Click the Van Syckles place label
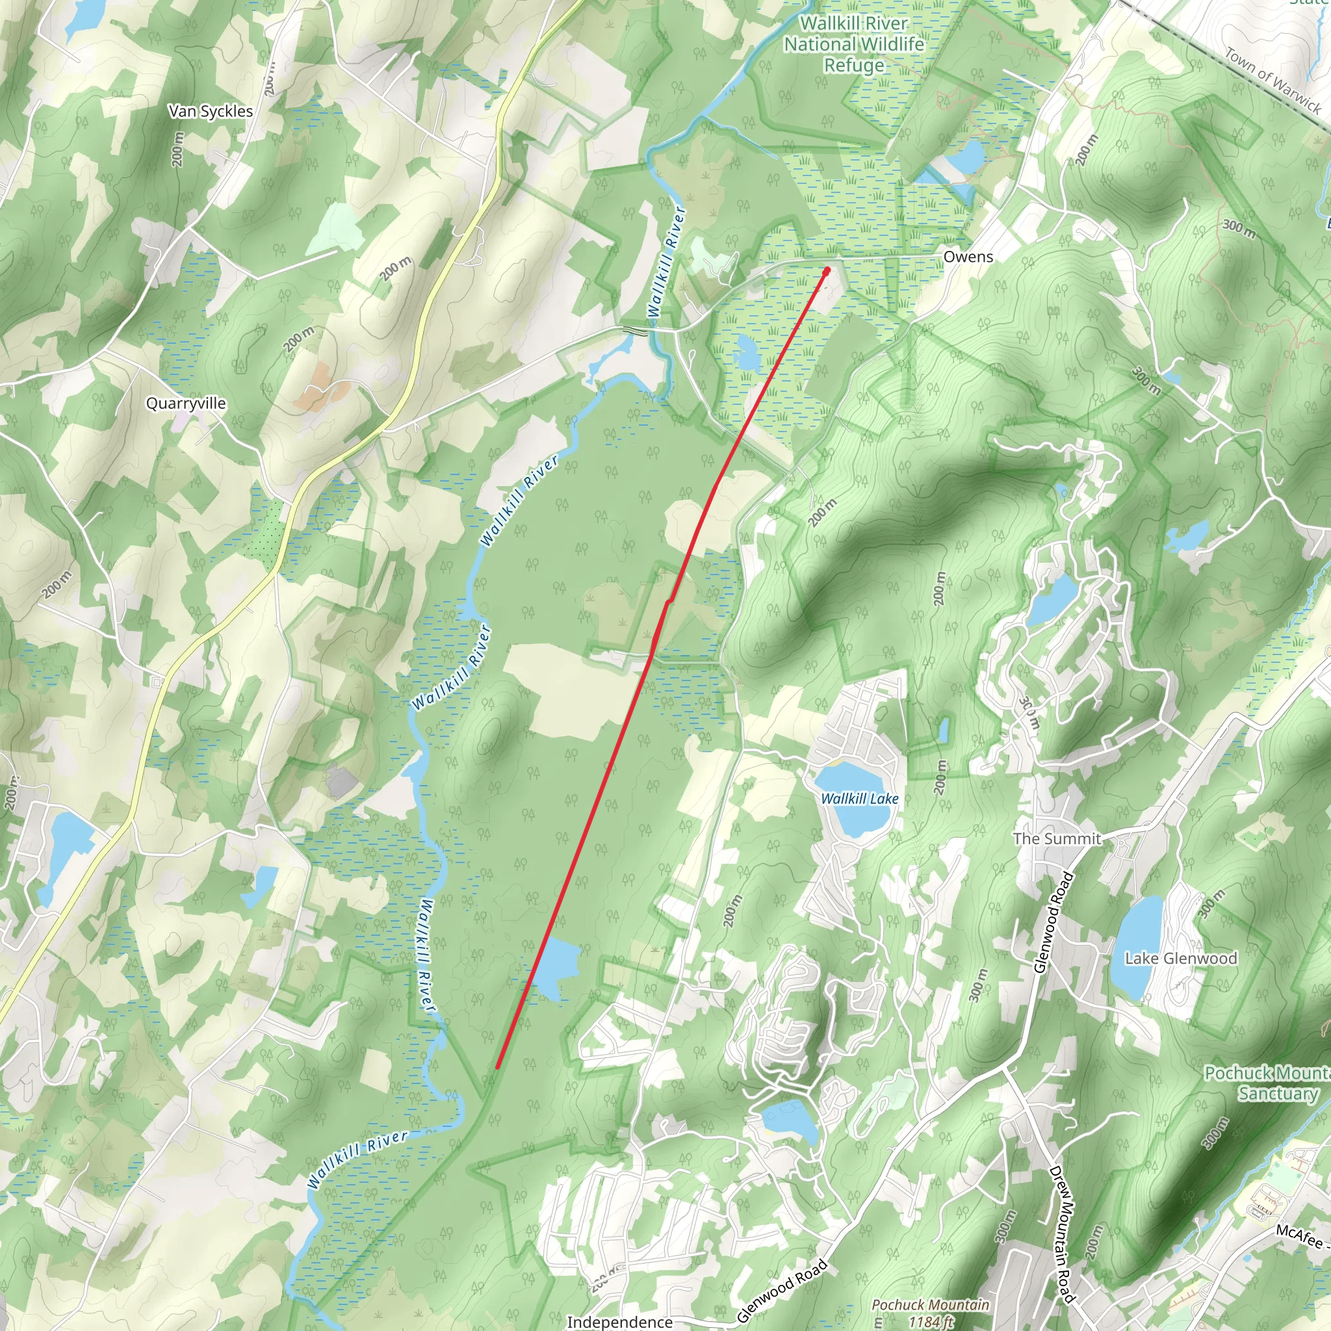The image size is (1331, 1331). point(211,112)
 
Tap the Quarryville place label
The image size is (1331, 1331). point(186,404)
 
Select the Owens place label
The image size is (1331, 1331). point(968,257)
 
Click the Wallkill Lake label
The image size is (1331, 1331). point(860,799)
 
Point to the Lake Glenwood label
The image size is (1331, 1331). point(1181,959)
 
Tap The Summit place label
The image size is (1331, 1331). point(1057,838)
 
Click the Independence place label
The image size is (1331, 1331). point(619,1321)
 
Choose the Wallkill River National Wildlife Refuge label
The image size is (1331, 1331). point(854,44)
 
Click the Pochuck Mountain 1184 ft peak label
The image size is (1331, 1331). point(930,1312)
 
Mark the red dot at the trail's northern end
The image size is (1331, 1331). point(827,271)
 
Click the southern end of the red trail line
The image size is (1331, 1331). point(497,1067)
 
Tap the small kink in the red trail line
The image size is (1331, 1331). point(667,602)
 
